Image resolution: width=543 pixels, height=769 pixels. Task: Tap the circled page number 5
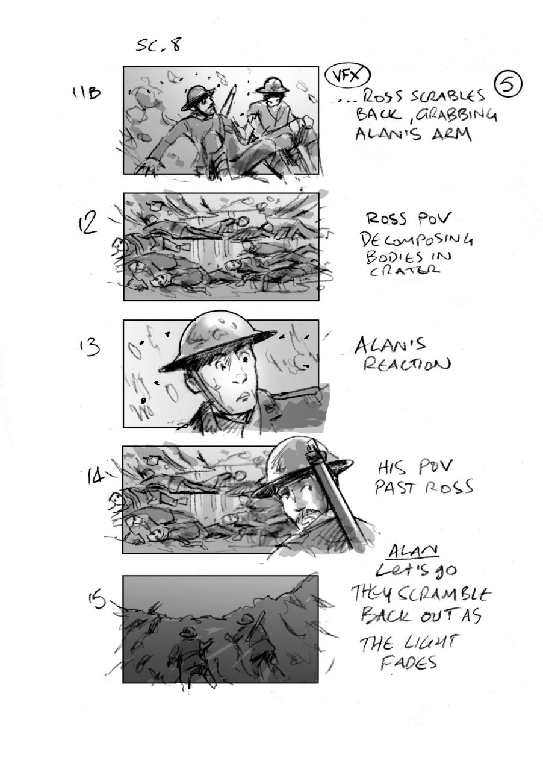coord(507,85)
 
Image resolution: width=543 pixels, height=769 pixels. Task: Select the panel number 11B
coord(85,94)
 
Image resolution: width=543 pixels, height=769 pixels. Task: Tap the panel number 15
coord(97,600)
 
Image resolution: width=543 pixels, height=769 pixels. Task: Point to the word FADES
coord(408,662)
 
